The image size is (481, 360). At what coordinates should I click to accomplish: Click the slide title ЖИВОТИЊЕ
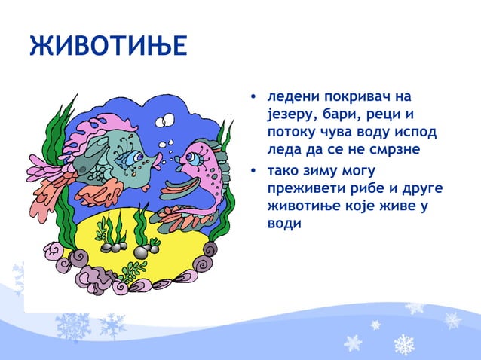point(106,47)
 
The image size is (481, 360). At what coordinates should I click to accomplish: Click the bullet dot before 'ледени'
point(255,98)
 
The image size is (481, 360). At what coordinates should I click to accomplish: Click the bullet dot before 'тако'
point(255,172)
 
